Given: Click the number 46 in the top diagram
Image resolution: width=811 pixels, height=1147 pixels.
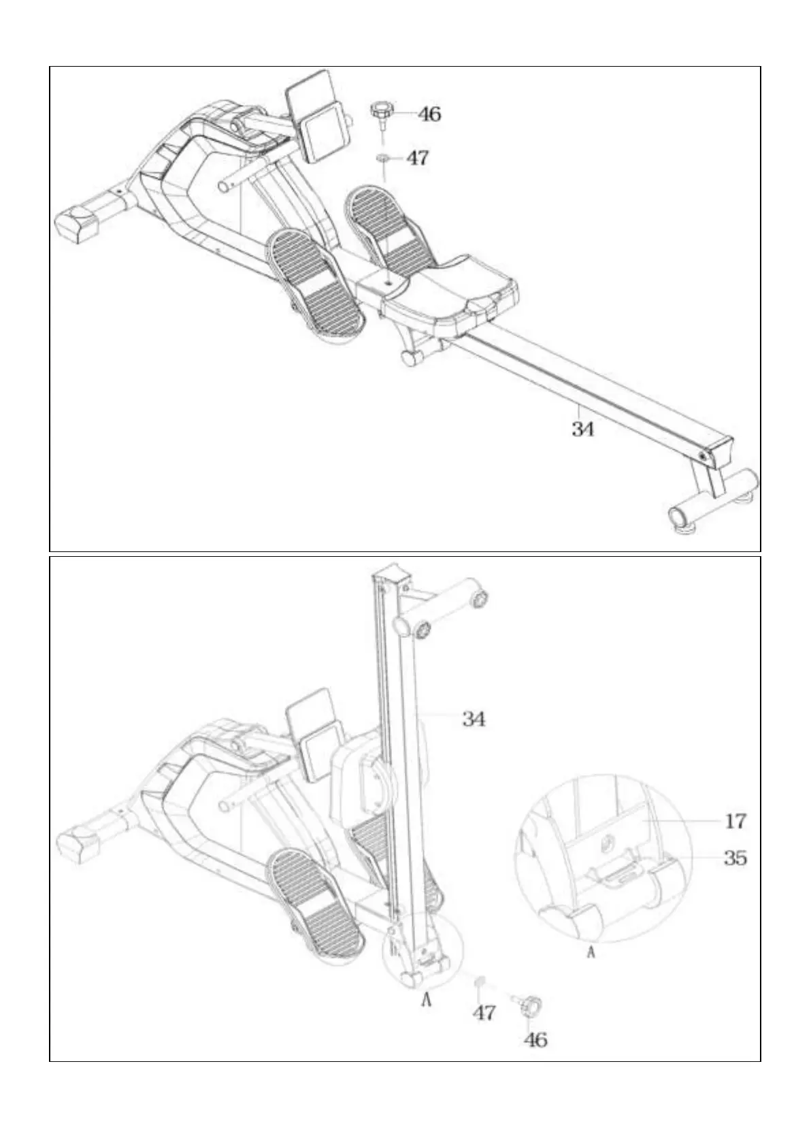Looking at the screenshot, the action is click(x=429, y=114).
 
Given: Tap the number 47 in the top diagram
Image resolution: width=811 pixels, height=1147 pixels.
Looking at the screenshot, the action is click(x=417, y=158).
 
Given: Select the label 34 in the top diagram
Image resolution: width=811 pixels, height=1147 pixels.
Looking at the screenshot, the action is click(x=583, y=429).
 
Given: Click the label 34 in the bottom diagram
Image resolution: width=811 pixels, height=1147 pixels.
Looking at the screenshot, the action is click(x=474, y=719).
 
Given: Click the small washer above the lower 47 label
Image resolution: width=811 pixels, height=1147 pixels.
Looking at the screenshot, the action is click(x=480, y=994).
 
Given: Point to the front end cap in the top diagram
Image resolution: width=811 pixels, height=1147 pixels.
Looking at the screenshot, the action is click(x=77, y=223).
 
